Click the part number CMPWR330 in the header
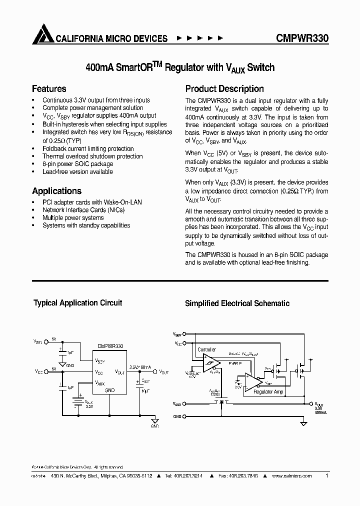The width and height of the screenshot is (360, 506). [301, 38]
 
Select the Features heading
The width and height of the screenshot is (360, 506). [49, 89]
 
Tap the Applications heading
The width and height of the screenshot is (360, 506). [56, 191]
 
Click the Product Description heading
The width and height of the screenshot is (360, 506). [224, 89]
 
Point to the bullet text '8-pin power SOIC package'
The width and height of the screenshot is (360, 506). [77, 164]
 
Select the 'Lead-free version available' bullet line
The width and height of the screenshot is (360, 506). [77, 171]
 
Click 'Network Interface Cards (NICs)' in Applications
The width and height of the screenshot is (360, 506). [83, 210]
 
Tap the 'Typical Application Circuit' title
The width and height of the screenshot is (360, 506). [77, 303]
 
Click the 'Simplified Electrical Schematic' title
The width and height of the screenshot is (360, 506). [237, 303]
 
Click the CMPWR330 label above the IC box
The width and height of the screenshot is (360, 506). [110, 345]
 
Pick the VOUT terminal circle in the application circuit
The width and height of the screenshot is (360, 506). [155, 371]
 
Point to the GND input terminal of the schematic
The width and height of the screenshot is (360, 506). [185, 416]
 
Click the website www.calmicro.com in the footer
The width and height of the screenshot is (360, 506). [291, 476]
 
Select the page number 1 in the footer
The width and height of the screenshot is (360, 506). [326, 476]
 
